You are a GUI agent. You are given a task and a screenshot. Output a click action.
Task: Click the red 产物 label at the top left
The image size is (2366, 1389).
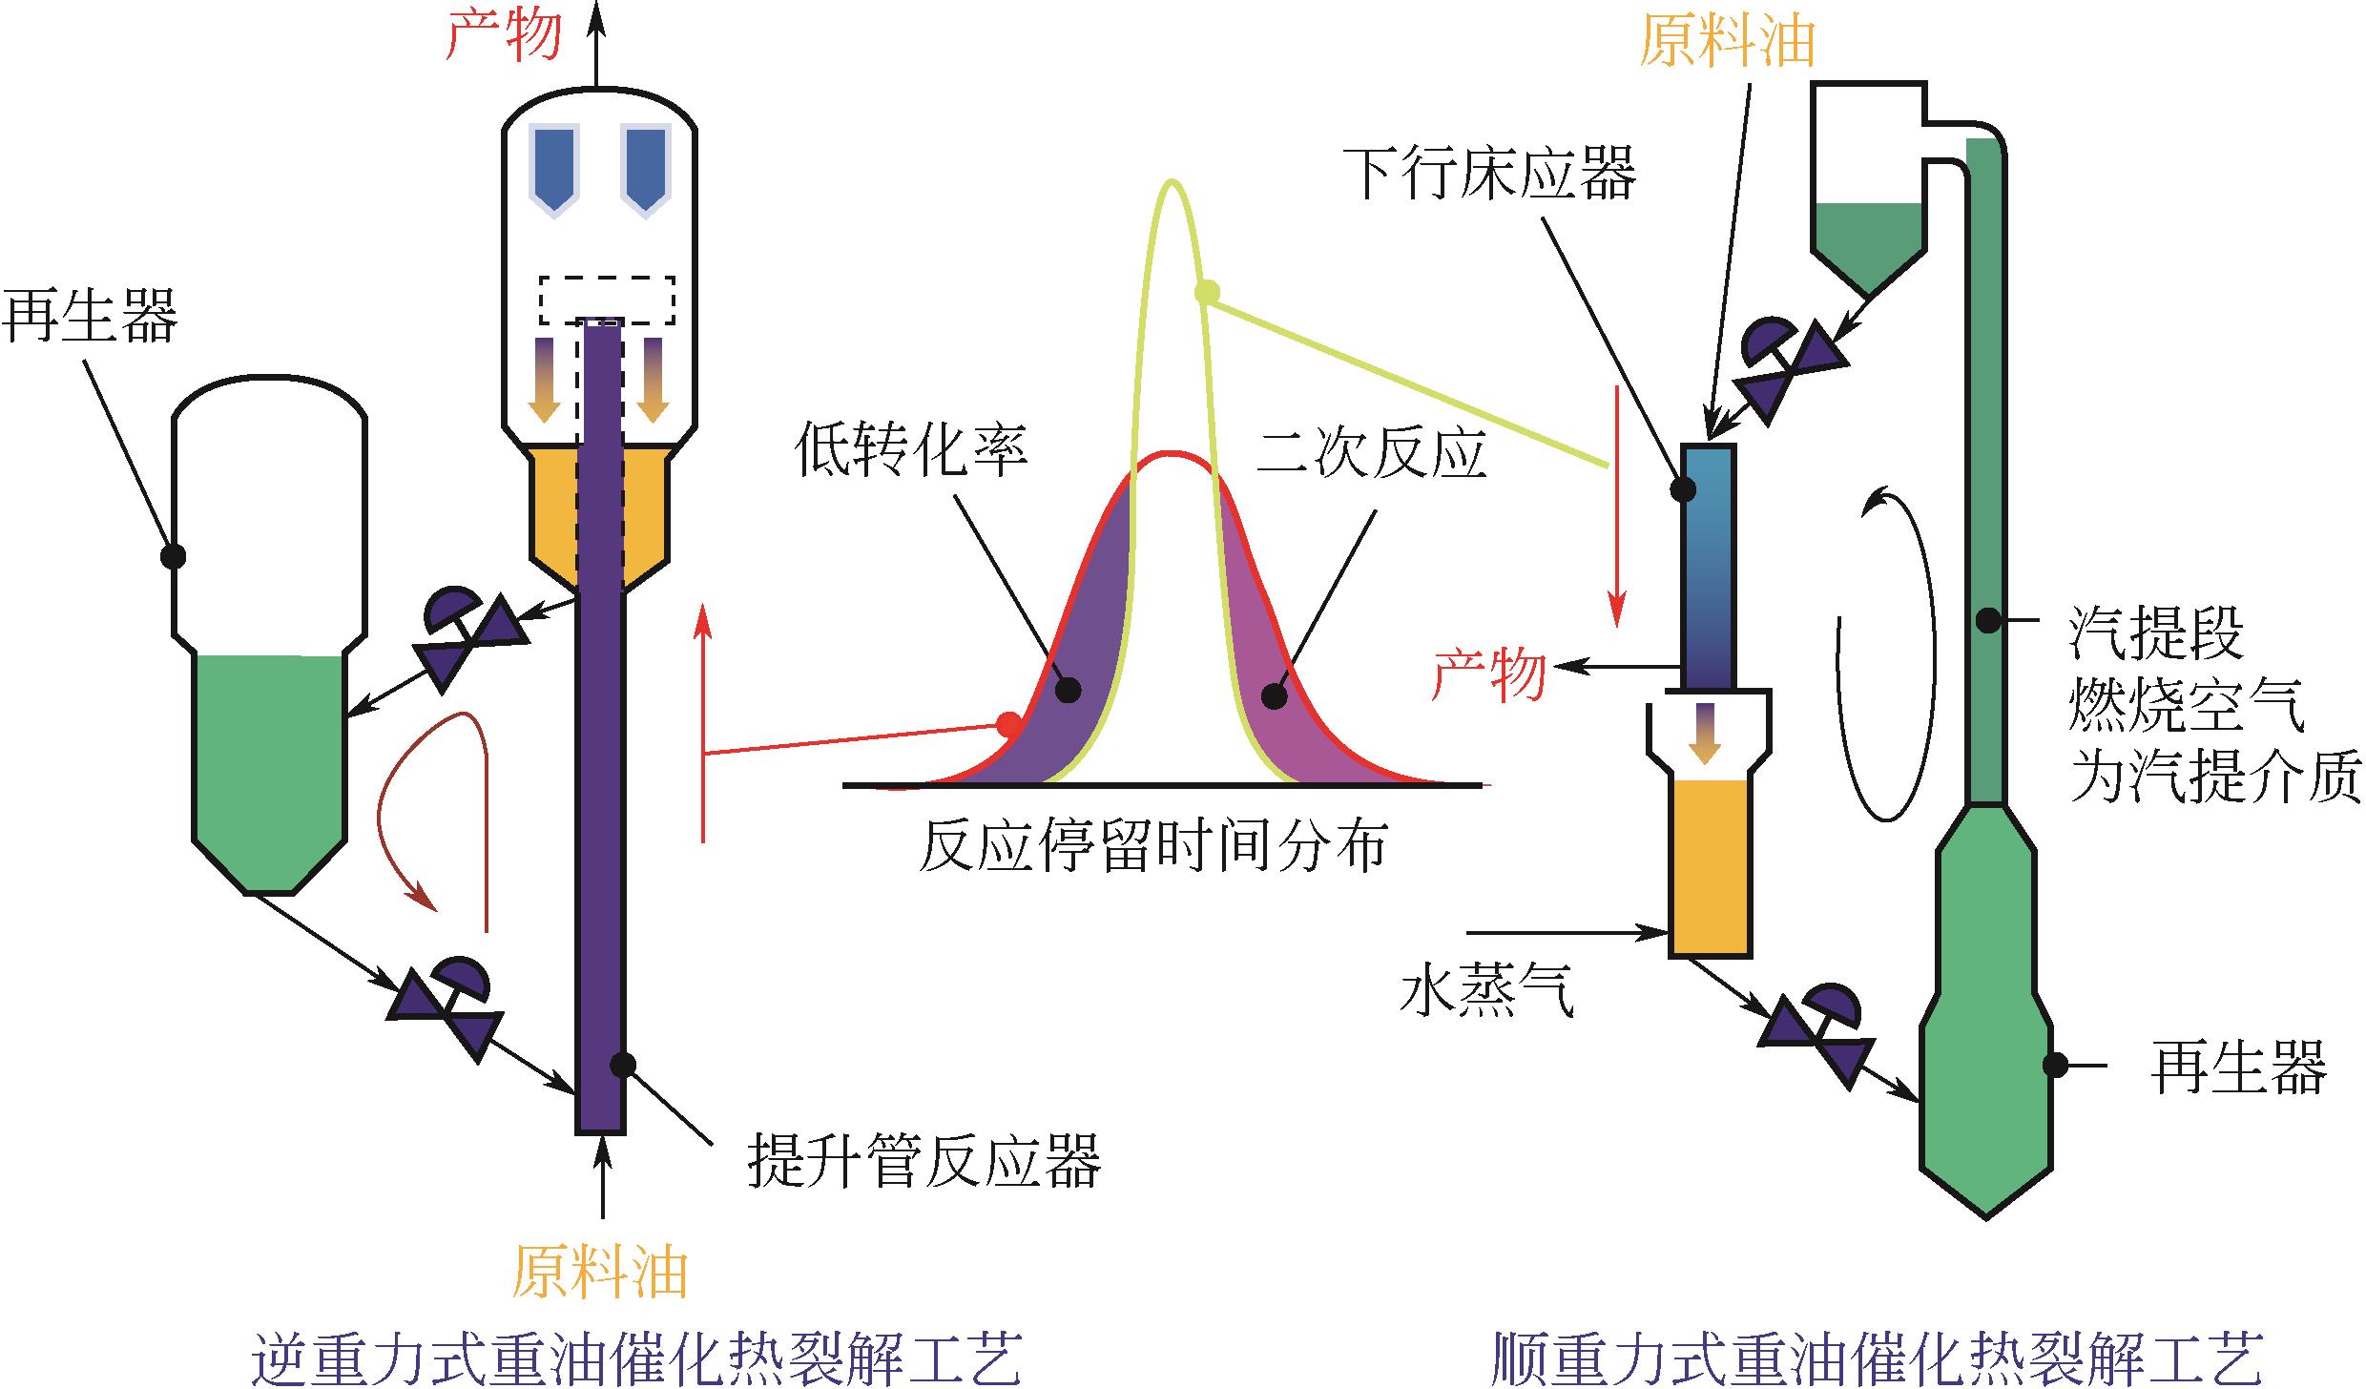click(x=504, y=36)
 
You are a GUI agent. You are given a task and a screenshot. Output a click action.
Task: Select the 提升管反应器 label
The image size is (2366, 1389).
click(x=924, y=1160)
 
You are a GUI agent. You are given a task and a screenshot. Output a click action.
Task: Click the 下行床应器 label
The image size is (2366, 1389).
click(x=1495, y=174)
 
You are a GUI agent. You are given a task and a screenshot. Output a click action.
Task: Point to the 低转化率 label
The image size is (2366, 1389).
click(x=911, y=450)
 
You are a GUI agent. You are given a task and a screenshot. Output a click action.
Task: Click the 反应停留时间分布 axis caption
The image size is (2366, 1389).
click(x=1152, y=845)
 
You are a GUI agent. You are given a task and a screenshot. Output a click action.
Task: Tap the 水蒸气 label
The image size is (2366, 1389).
click(x=1486, y=992)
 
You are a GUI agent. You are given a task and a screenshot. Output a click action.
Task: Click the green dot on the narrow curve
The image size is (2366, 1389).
click(x=1207, y=292)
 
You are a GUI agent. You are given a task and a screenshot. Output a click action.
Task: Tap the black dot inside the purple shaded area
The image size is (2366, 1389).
click(x=1069, y=689)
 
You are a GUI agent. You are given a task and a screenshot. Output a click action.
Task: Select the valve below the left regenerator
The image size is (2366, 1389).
click(x=446, y=1006)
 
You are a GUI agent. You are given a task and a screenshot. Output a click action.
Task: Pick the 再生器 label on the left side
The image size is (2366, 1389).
click(x=90, y=317)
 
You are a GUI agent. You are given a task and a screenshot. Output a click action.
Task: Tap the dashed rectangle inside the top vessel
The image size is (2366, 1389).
click(x=607, y=300)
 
